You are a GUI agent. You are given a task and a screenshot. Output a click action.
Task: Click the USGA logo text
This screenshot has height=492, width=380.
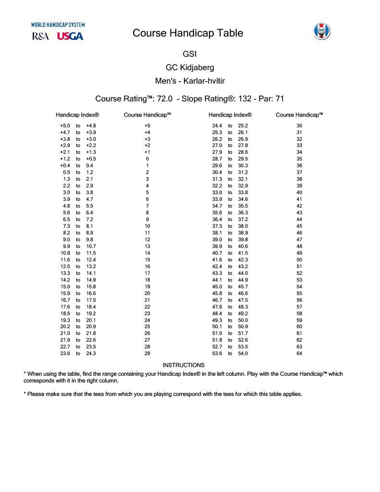point(70,36)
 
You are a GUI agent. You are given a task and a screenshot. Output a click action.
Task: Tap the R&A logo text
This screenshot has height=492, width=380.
point(41,36)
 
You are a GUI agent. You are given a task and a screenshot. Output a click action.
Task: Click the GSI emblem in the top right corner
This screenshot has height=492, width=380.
point(321,31)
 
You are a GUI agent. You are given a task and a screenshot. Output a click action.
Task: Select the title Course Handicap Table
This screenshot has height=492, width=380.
point(188,33)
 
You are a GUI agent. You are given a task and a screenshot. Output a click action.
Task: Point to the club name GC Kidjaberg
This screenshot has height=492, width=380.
point(190,68)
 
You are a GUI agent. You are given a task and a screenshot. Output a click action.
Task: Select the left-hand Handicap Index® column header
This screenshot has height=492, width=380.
point(77,115)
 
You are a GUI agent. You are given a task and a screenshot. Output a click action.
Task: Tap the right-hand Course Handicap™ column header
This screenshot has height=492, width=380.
point(299,115)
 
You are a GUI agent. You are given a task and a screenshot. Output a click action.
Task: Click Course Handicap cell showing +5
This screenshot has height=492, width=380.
point(147,126)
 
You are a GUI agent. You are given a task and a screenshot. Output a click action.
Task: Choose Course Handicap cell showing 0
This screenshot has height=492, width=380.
point(147,159)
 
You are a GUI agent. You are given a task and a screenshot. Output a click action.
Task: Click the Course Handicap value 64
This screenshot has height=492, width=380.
point(299,354)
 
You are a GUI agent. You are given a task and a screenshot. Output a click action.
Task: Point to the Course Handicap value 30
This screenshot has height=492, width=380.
point(299,126)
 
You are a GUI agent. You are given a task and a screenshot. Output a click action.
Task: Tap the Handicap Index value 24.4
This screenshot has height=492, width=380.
point(217,126)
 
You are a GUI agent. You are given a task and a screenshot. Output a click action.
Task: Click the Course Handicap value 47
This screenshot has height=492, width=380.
point(299,240)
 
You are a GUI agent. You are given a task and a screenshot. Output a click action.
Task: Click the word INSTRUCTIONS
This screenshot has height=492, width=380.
point(184,365)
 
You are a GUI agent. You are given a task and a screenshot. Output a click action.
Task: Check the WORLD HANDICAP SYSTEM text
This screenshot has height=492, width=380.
point(58,25)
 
